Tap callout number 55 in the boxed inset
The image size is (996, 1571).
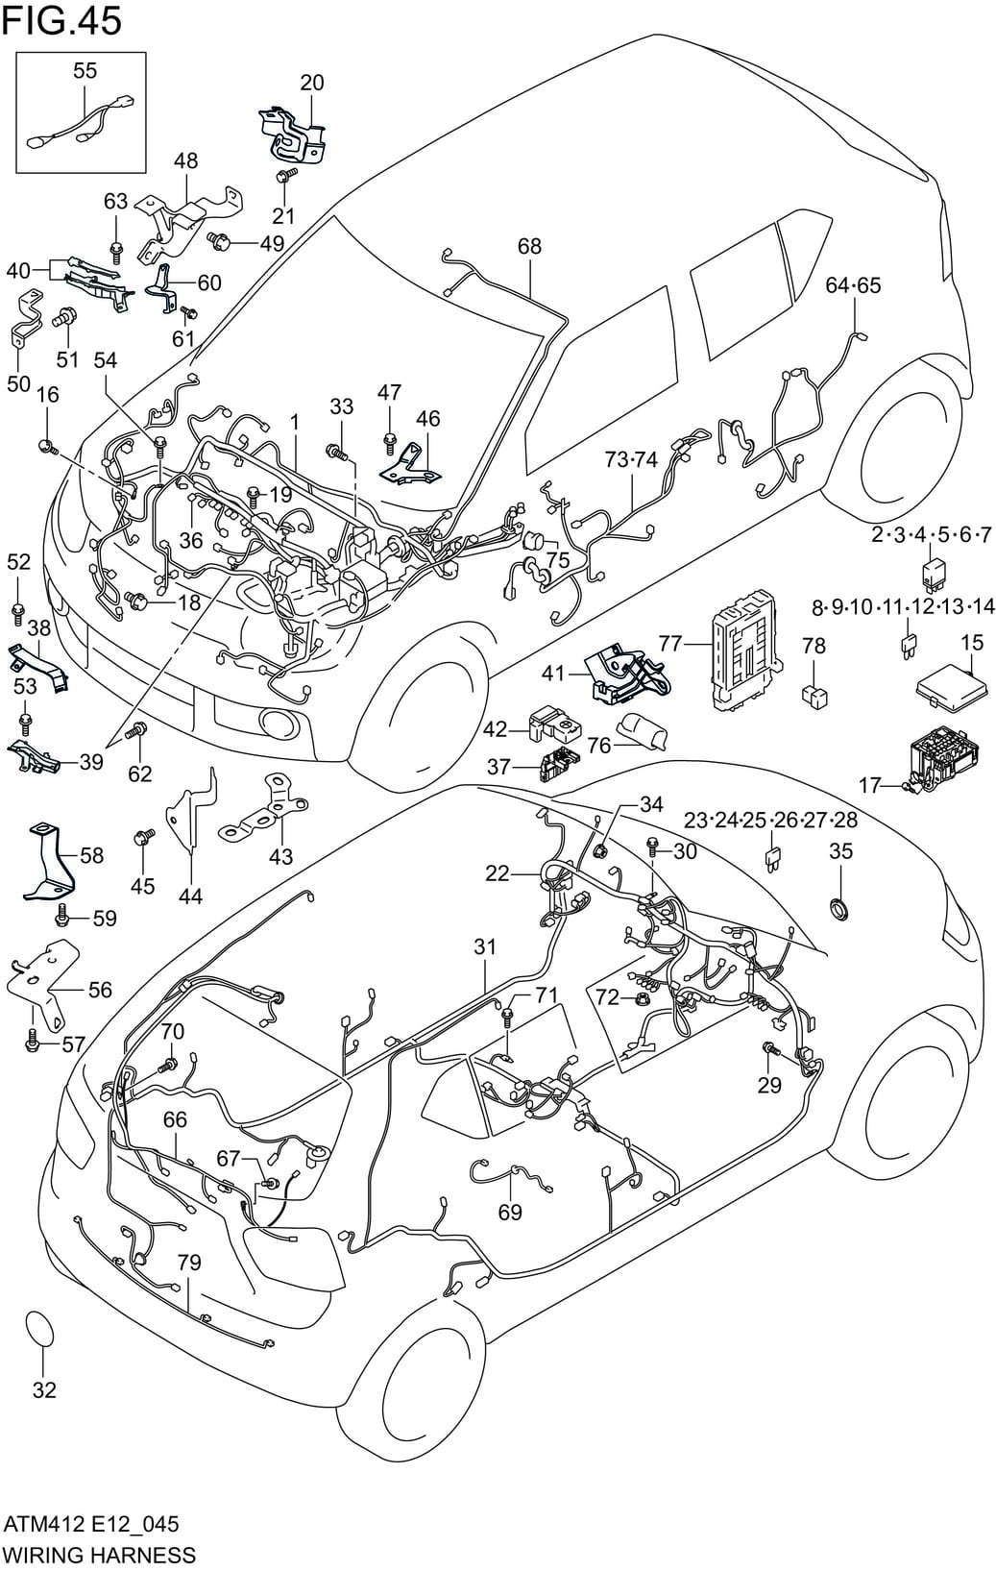pos(85,70)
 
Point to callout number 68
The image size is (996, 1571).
pos(529,246)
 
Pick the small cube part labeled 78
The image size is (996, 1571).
pos(814,693)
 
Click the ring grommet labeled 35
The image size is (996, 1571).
pos(840,907)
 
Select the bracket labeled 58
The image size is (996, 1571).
pos(48,862)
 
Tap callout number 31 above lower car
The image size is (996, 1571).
pos(485,946)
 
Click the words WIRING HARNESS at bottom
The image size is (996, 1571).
pos(99,1555)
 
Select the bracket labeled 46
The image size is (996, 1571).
pos(411,463)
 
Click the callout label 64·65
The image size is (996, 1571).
pos(853,285)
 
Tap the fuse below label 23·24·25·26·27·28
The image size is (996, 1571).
pos(773,857)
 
